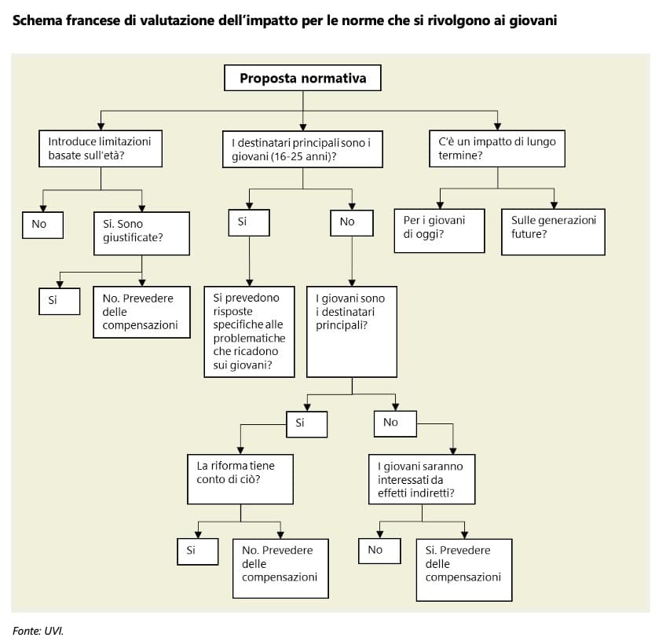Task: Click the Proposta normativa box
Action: click(302, 79)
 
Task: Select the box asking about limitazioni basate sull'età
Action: click(101, 148)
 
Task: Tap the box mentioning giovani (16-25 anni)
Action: click(303, 148)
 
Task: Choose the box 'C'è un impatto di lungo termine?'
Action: click(497, 148)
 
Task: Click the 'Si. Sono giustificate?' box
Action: click(141, 233)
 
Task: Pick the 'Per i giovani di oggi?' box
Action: click(439, 230)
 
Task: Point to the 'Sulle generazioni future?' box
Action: click(553, 232)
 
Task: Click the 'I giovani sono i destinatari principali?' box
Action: click(351, 331)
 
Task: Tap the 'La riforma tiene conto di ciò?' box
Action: click(240, 478)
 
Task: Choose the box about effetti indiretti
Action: click(422, 478)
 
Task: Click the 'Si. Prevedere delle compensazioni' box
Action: click(463, 570)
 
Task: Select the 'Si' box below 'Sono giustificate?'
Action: click(59, 301)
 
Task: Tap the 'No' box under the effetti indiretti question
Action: click(380, 551)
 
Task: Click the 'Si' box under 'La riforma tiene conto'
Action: click(197, 551)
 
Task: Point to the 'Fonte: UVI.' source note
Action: click(38, 630)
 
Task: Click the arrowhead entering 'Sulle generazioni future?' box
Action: click(554, 205)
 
